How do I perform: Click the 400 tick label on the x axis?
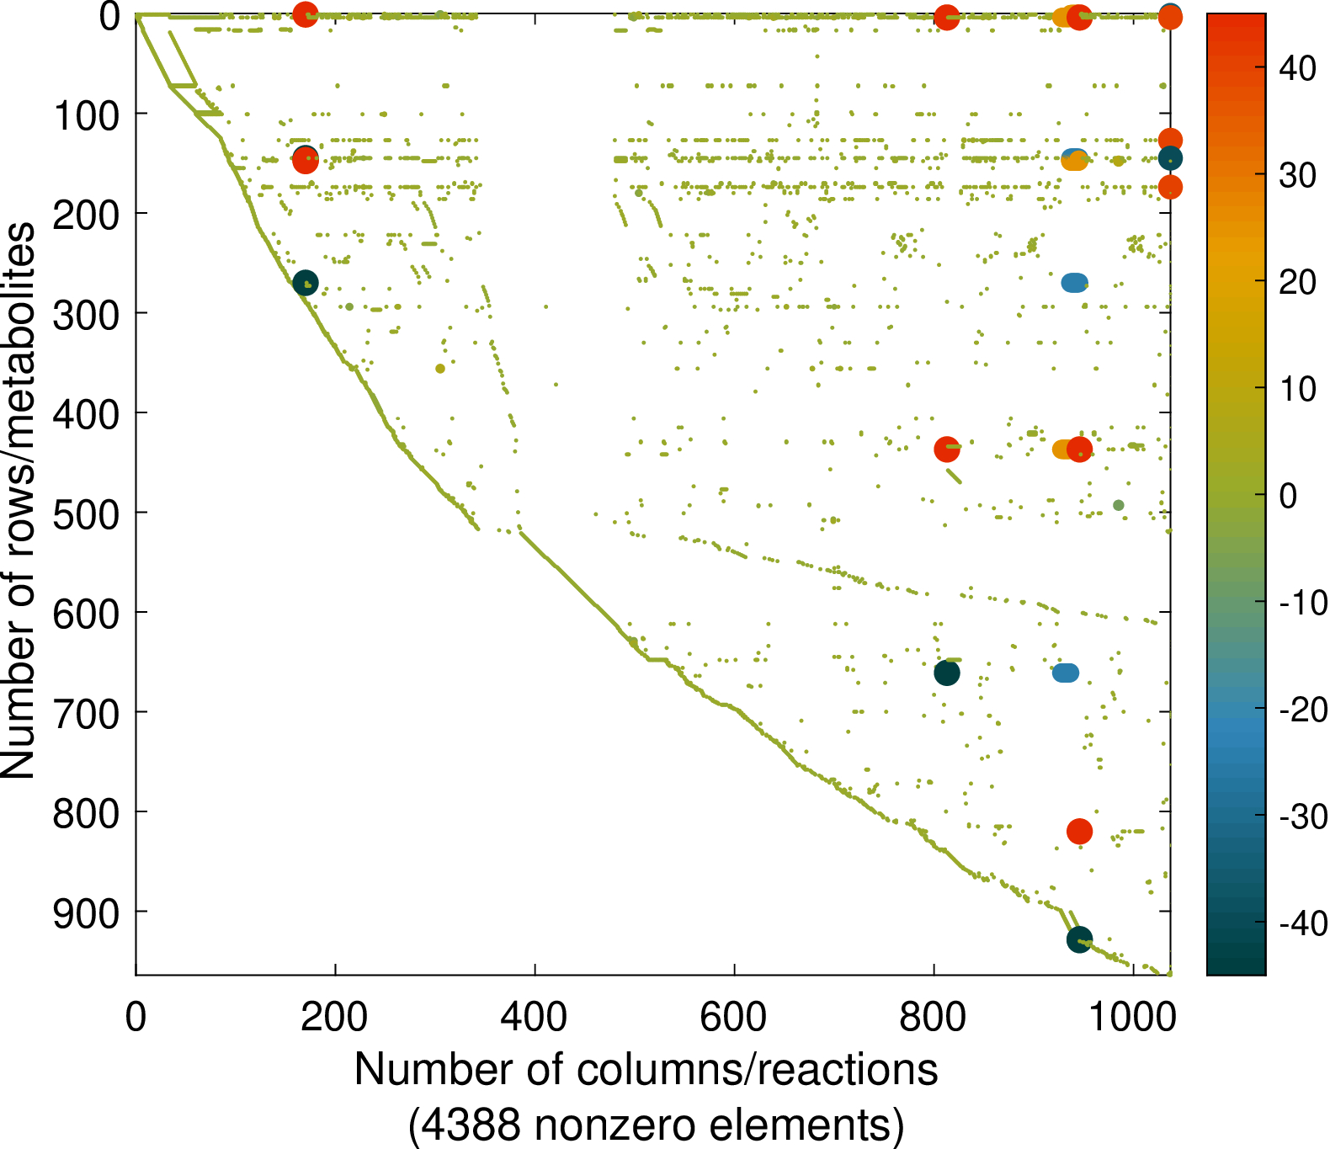click(535, 1017)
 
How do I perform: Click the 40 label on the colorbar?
click(1297, 68)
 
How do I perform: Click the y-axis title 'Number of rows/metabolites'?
click(19, 501)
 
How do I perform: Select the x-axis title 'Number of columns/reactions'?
click(646, 1070)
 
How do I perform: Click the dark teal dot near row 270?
click(306, 283)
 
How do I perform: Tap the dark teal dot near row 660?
click(947, 673)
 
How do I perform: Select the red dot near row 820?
click(1079, 832)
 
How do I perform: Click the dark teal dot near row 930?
click(1079, 939)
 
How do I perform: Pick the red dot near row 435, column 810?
click(947, 449)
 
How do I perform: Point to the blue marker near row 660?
click(1066, 673)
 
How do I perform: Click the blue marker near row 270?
click(1074, 283)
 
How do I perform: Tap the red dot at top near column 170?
click(305, 14)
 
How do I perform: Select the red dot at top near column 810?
click(947, 17)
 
